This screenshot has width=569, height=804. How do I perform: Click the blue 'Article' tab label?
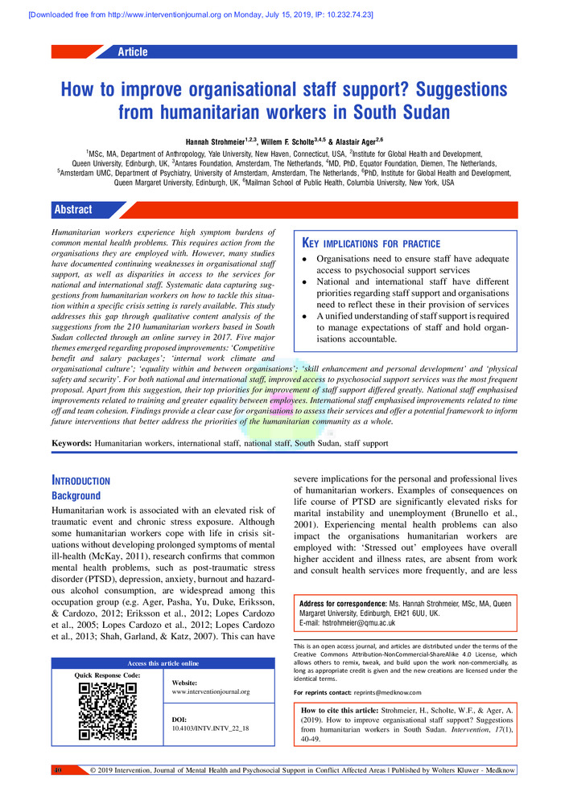point(132,52)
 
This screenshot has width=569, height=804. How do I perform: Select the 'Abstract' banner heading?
point(72,210)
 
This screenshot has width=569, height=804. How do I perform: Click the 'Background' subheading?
point(76,496)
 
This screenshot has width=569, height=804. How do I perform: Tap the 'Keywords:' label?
point(72,443)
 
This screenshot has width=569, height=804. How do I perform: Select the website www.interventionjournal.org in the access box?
point(210,691)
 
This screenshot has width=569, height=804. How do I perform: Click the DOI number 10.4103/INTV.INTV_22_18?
point(210,728)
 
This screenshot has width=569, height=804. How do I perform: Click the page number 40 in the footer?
point(57,771)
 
